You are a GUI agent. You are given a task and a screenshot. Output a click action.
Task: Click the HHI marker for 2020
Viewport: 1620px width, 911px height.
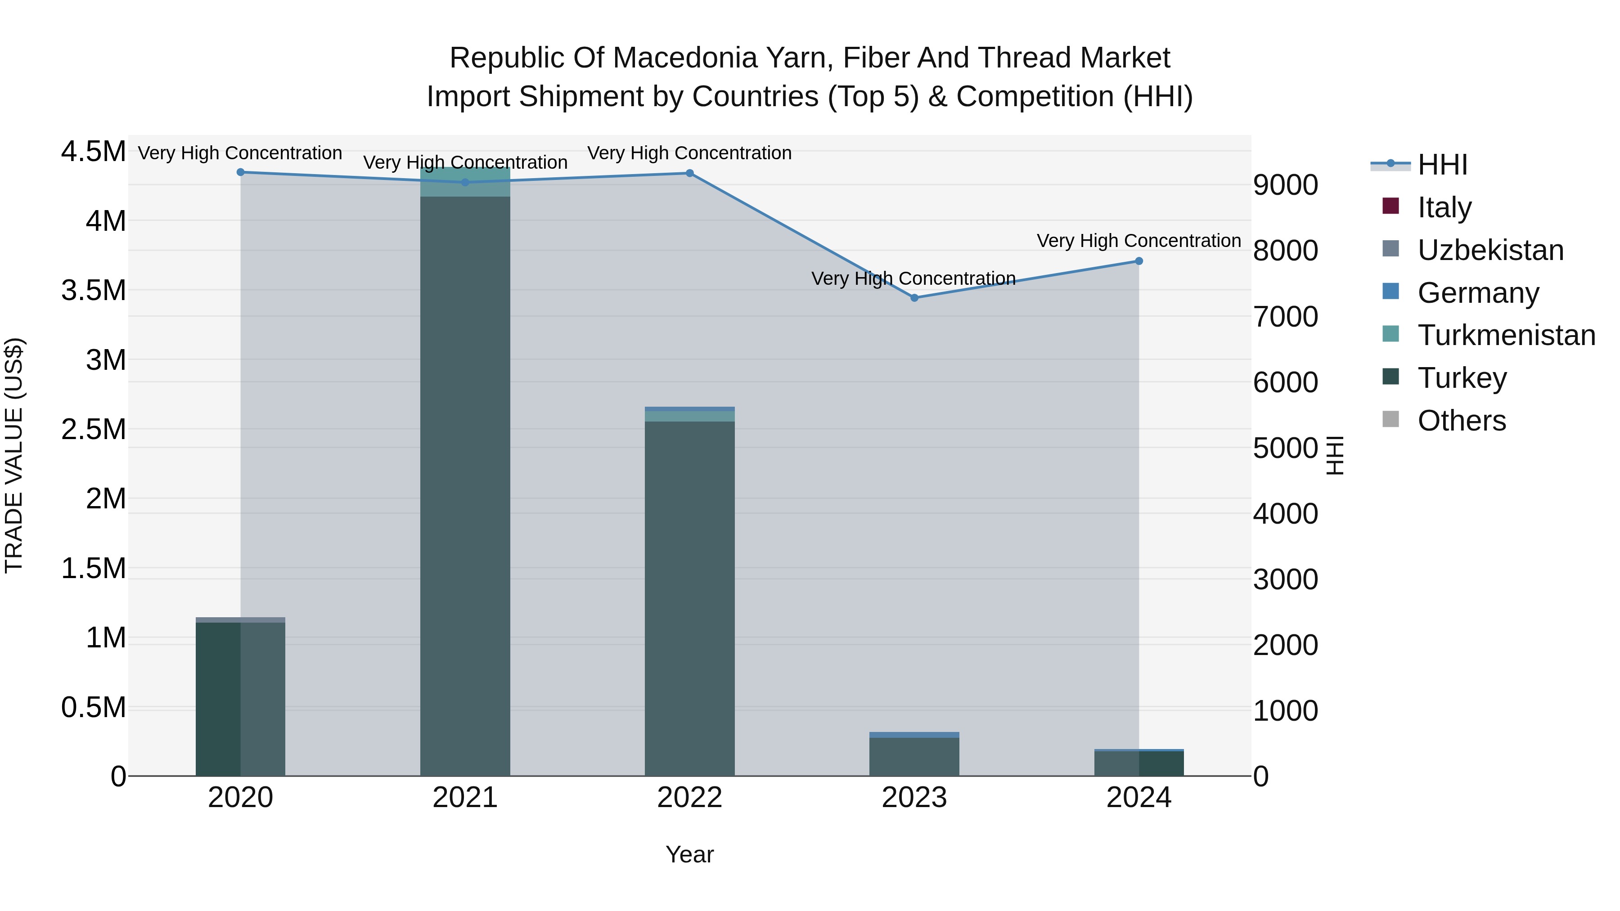click(240, 172)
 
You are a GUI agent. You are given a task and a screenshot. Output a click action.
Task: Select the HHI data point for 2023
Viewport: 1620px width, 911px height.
click(914, 298)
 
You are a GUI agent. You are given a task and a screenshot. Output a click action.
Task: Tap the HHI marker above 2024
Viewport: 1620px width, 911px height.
click(1139, 261)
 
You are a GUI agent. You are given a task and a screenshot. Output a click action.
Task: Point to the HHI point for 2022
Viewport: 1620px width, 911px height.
click(690, 174)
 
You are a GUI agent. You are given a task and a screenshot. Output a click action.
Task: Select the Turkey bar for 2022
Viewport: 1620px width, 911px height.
click(690, 597)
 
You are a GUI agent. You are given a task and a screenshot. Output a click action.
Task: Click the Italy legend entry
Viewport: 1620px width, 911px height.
click(1444, 207)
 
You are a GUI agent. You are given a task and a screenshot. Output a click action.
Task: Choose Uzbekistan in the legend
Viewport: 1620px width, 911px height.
click(1490, 250)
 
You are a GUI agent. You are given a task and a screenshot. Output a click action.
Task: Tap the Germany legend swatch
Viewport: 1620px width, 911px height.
click(1391, 292)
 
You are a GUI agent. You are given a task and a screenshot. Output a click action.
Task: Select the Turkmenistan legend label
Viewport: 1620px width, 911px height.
click(1507, 335)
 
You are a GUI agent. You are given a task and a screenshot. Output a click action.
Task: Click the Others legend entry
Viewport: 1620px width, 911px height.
click(1462, 421)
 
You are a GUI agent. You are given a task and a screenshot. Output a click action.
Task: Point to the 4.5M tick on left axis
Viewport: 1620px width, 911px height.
click(93, 152)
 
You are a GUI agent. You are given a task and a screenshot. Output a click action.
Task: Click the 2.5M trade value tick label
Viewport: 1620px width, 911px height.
click(93, 430)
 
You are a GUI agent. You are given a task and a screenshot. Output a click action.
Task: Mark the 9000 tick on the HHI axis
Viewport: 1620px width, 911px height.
click(1286, 185)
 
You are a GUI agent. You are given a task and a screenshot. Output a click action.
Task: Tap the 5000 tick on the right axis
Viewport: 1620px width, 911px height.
click(1286, 448)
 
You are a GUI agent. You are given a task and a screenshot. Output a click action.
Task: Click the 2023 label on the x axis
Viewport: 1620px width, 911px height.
click(914, 798)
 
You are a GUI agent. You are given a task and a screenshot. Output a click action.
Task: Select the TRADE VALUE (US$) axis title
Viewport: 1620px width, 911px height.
click(14, 455)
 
